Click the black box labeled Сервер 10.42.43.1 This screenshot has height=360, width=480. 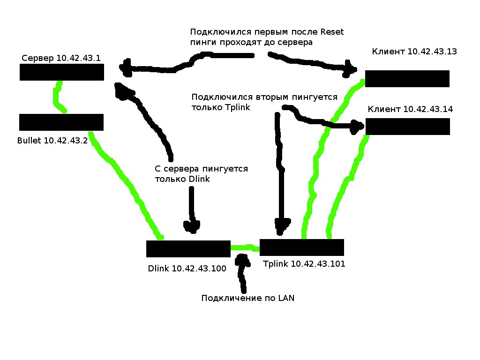(x=61, y=72)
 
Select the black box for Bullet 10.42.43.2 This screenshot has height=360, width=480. (x=61, y=122)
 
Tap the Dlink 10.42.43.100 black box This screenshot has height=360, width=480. (x=188, y=249)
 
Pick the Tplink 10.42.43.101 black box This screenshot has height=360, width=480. (x=301, y=247)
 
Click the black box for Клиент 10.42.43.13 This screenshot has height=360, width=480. (x=407, y=79)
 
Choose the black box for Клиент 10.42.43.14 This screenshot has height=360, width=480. (x=407, y=127)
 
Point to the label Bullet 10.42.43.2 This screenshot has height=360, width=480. (x=52, y=140)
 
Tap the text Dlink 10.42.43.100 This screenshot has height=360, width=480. (x=187, y=269)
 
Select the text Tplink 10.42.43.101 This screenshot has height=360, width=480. (x=304, y=264)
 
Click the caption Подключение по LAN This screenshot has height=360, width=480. (x=248, y=298)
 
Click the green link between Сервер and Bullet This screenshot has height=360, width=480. (x=58, y=97)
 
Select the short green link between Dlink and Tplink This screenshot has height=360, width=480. (x=245, y=247)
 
